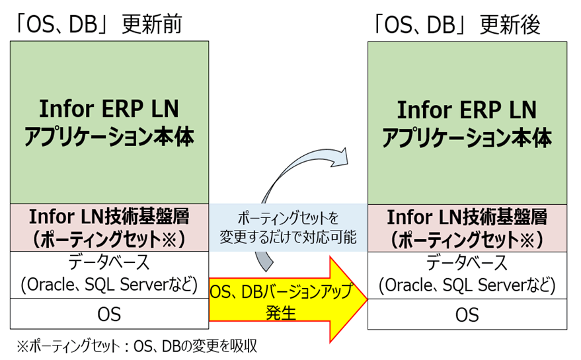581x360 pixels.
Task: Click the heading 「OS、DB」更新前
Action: (x=99, y=24)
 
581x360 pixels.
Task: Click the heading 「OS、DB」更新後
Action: (x=457, y=25)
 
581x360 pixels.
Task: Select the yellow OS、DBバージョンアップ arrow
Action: (x=288, y=300)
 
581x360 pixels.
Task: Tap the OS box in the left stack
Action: (x=109, y=314)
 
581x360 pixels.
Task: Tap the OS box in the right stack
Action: (x=467, y=314)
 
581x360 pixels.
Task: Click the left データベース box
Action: (x=109, y=275)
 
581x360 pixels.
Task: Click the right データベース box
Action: (x=467, y=275)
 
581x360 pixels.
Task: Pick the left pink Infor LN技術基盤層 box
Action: (x=109, y=227)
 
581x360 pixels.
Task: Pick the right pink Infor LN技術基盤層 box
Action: (x=467, y=228)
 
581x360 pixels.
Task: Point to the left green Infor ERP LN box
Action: (x=109, y=122)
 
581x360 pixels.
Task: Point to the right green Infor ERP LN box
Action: (x=467, y=123)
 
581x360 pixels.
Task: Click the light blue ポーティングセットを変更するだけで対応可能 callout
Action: (x=288, y=227)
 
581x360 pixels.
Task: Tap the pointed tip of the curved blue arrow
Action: (x=348, y=163)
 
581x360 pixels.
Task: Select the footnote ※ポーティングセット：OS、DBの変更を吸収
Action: (x=137, y=346)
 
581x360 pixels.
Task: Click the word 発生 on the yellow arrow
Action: (x=281, y=313)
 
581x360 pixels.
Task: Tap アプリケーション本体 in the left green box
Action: (x=109, y=137)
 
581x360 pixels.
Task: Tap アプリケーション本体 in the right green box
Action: (x=467, y=138)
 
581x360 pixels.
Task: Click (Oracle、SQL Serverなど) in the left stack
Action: (x=109, y=285)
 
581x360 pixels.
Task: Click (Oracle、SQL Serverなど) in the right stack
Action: (x=467, y=285)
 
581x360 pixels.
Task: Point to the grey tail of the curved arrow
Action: (x=264, y=262)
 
